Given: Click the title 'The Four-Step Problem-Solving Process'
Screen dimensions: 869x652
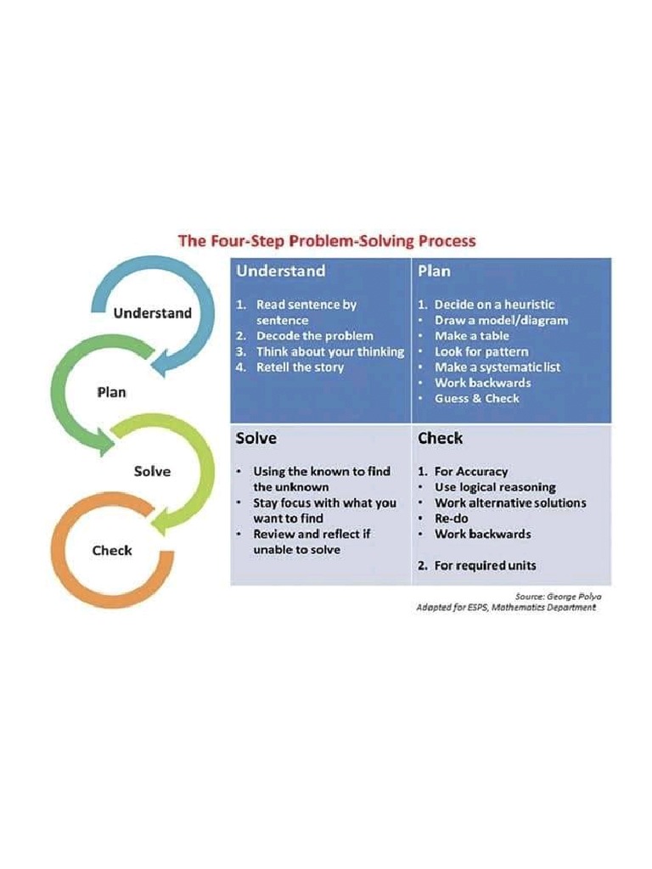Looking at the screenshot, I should (x=326, y=241).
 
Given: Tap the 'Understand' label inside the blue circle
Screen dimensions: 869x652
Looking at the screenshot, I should (x=153, y=313).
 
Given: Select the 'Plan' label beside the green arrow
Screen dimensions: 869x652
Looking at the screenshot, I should (x=112, y=392).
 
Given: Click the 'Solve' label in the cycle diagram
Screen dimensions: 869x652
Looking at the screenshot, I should (x=152, y=472).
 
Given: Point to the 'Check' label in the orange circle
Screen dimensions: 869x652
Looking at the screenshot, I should (x=112, y=551).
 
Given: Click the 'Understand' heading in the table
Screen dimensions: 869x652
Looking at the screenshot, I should (x=280, y=272).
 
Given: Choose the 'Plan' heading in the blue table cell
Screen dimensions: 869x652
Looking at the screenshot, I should (x=434, y=272).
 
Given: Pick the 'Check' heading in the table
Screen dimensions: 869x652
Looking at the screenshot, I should (x=440, y=439).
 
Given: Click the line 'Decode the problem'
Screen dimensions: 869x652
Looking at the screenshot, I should (x=314, y=336).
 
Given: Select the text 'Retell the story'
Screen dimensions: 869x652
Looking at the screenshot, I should (x=300, y=367).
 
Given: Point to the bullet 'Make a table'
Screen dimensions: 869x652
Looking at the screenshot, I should (x=472, y=336).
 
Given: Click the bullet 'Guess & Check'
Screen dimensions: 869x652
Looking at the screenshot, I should (x=476, y=398).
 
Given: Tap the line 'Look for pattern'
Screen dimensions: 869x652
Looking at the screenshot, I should (x=481, y=351).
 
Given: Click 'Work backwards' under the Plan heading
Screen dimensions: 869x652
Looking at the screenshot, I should (x=482, y=383).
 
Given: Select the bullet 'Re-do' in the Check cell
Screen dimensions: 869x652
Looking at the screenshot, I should (x=451, y=519).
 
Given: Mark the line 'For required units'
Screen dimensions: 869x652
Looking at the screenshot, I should (x=485, y=565).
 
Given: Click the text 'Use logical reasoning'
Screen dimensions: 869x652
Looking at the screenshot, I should (x=495, y=487).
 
